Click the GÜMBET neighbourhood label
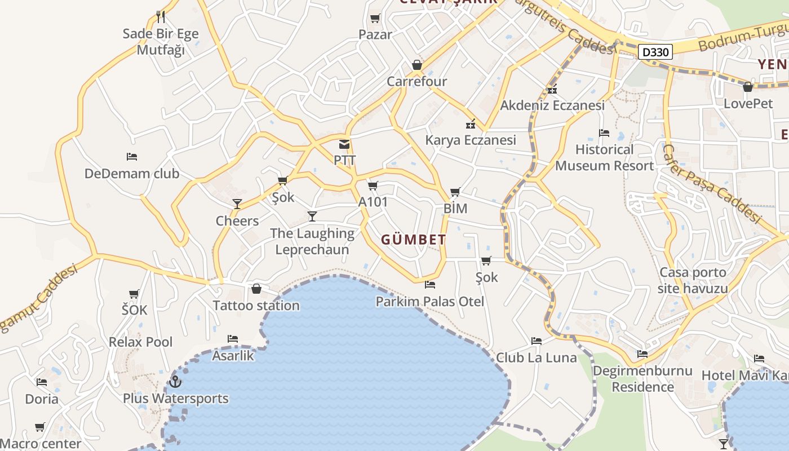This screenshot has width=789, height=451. tap(414, 240)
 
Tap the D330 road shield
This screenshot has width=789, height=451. tap(656, 52)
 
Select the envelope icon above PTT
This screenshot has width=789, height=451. tap(344, 144)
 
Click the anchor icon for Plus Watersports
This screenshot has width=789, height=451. tap(175, 382)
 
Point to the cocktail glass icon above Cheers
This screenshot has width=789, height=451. tap(237, 204)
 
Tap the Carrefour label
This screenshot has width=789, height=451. tap(416, 81)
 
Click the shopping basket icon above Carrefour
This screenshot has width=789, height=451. tap(416, 65)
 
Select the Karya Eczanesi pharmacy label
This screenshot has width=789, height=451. tap(471, 140)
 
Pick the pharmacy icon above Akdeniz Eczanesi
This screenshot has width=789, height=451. tap(552, 89)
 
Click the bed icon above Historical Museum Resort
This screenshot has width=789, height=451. tap(604, 133)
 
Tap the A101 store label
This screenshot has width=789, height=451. tap(373, 201)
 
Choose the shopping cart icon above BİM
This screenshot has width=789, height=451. tap(455, 192)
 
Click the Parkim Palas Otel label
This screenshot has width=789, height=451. tap(430, 302)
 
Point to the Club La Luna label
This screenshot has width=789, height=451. tap(537, 357)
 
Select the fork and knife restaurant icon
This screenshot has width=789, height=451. tap(161, 17)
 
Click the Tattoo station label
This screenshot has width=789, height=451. tap(256, 306)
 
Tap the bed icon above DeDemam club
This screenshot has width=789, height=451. tap(132, 157)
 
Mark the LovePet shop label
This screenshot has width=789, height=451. tap(748, 103)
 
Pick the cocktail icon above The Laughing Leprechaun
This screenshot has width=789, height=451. tap(312, 216)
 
